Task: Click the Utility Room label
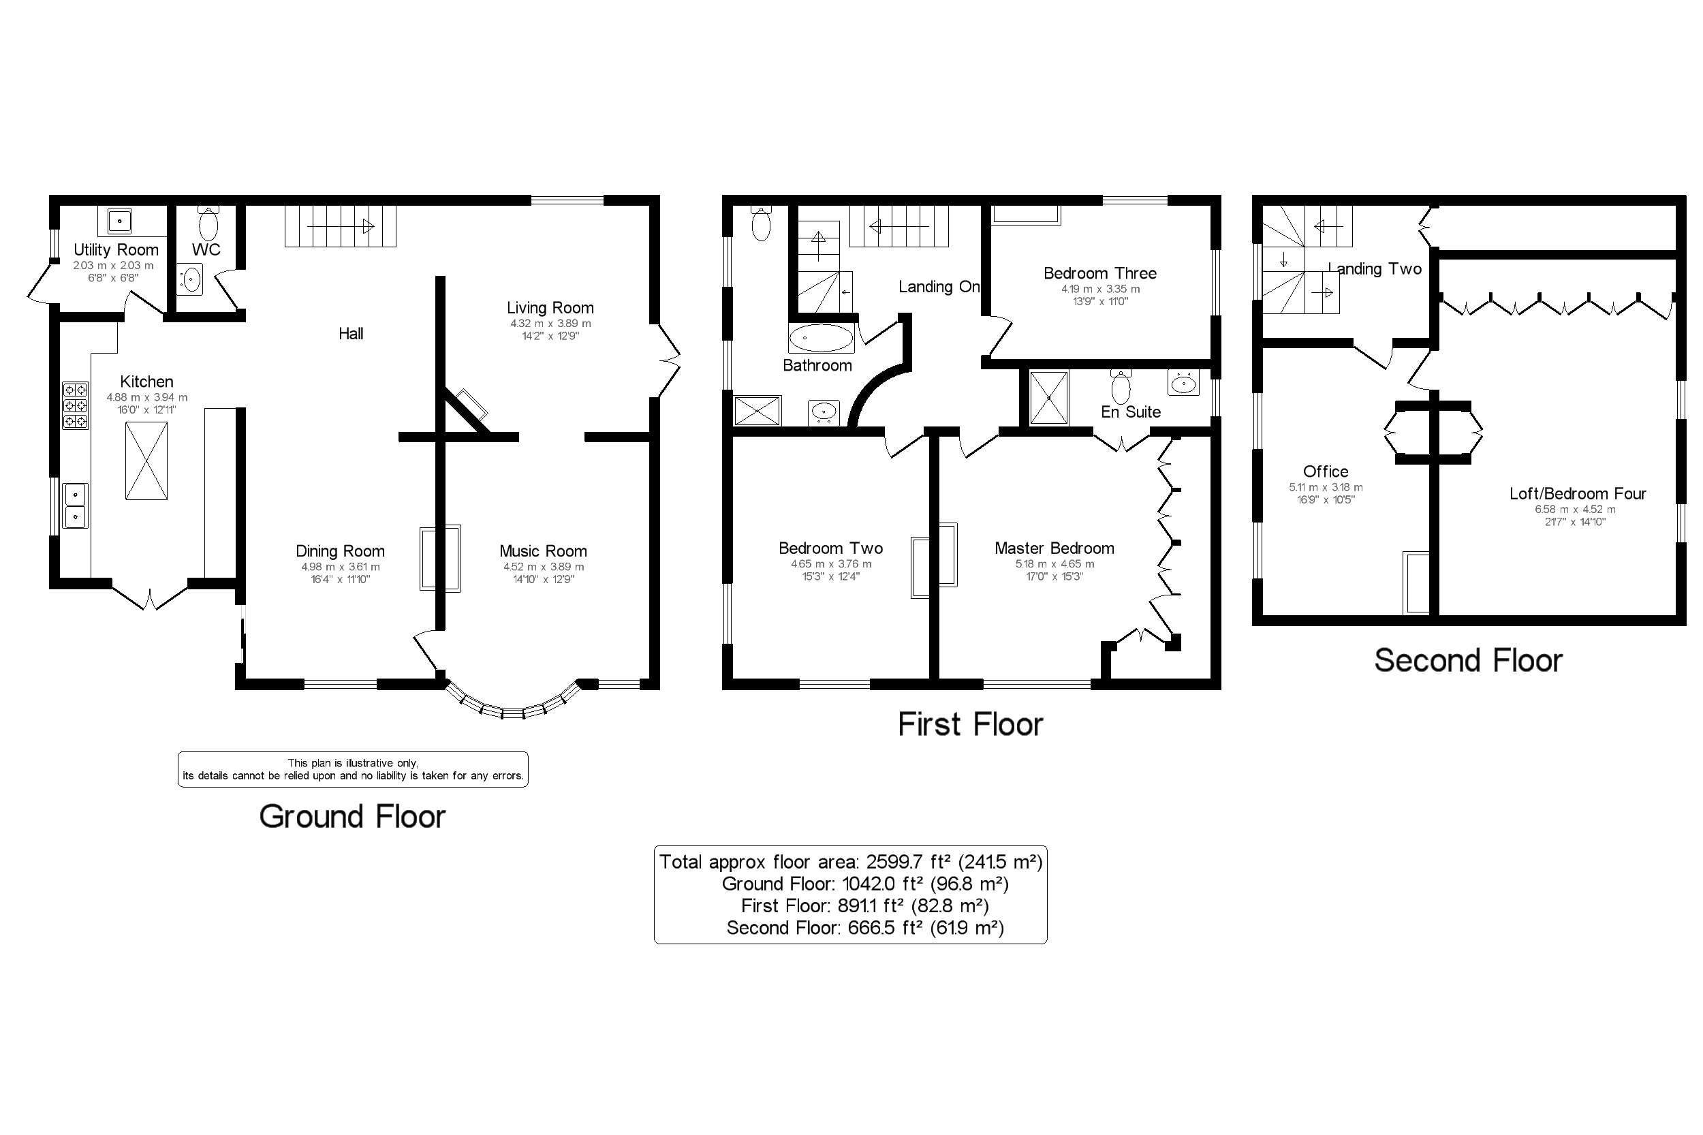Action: (x=116, y=250)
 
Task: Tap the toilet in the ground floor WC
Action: (x=208, y=223)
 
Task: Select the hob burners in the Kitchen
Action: (x=75, y=405)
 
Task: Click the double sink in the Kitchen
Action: (x=75, y=506)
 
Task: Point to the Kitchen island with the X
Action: (x=146, y=461)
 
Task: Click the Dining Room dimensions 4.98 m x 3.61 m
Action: (x=340, y=567)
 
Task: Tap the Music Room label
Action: (x=543, y=551)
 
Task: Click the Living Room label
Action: (x=550, y=308)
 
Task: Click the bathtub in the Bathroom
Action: (x=821, y=338)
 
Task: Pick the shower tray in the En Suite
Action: (x=1048, y=397)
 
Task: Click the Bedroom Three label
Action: (x=1099, y=273)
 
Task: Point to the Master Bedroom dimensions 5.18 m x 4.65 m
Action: (x=1054, y=564)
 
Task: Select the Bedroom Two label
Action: (x=830, y=548)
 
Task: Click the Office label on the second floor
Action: (x=1325, y=471)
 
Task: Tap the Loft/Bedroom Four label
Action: (x=1577, y=494)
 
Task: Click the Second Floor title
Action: (x=1468, y=661)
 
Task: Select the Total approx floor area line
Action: (x=850, y=862)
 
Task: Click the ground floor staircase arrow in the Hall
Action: (x=340, y=227)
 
